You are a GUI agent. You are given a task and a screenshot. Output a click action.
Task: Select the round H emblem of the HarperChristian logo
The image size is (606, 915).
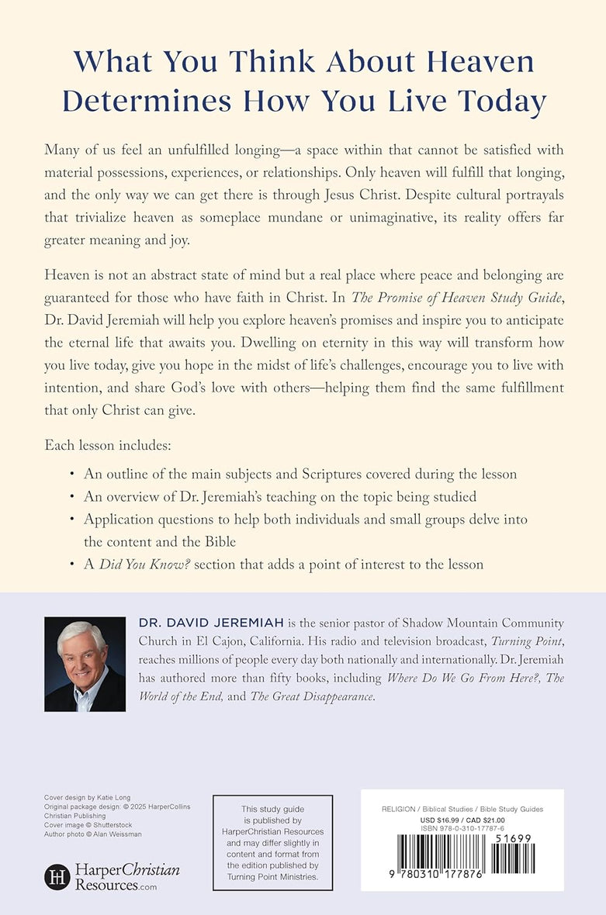pyautogui.click(x=57, y=877)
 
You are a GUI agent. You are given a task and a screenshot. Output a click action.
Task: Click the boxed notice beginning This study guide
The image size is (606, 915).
pyautogui.click(x=272, y=843)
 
